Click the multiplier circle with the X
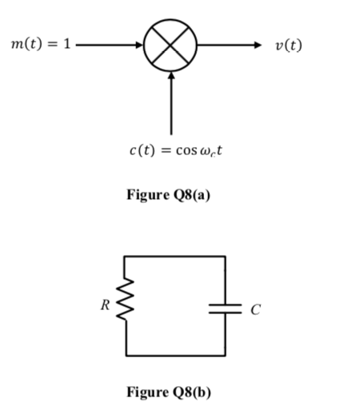click(x=170, y=44)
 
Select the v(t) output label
click(x=288, y=45)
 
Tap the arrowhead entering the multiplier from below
click(x=170, y=77)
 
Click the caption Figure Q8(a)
click(x=169, y=194)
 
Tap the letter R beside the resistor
click(x=105, y=305)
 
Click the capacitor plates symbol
click(x=225, y=308)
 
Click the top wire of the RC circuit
click(x=174, y=257)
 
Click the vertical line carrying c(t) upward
click(x=170, y=108)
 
